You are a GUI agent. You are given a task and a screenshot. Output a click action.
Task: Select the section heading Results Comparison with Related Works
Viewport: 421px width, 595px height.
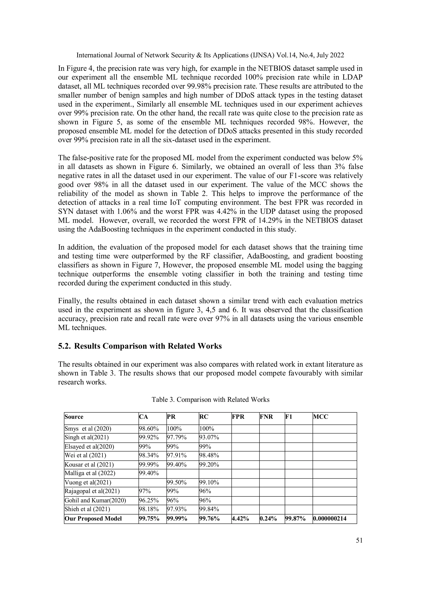[148, 346]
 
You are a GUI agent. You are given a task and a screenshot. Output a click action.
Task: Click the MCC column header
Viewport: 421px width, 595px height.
[321, 417]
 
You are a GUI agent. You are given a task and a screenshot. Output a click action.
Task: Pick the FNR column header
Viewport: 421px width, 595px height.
[266, 417]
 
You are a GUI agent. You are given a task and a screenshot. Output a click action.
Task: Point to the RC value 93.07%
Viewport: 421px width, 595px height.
[209, 437]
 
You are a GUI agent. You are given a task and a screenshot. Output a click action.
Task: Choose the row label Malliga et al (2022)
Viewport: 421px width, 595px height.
[90, 473]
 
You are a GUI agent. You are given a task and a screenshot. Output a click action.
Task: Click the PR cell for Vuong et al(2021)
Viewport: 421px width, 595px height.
[177, 482]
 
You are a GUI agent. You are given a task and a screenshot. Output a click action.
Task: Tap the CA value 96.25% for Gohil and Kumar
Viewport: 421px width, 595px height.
[149, 500]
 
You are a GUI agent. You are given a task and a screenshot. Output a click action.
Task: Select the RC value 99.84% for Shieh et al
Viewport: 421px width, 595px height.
[209, 509]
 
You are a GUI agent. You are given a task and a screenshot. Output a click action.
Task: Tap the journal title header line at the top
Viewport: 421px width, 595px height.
[210, 55]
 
